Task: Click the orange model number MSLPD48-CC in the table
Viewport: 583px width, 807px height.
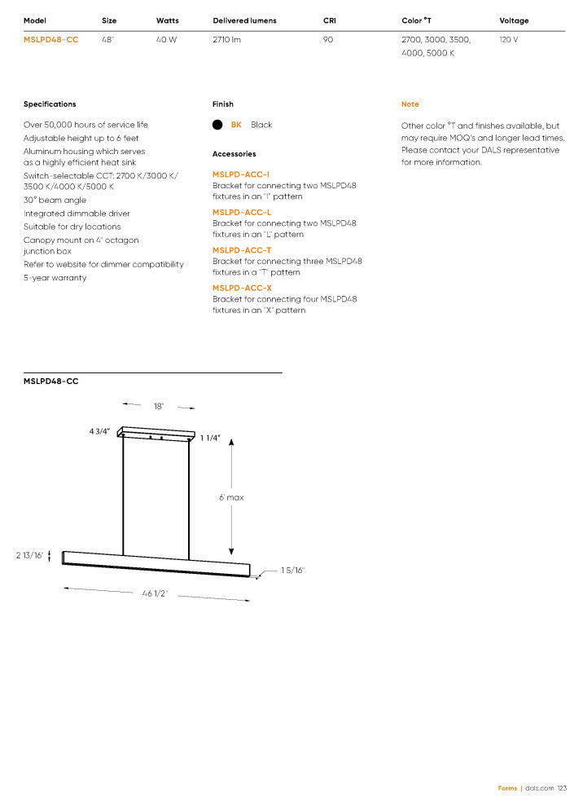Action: (x=51, y=39)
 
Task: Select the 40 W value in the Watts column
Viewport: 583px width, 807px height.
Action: (x=166, y=39)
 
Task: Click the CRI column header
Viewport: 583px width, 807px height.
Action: (x=330, y=20)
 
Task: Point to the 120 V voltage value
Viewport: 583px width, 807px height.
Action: (x=509, y=39)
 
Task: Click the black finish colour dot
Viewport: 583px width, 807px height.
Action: (x=217, y=125)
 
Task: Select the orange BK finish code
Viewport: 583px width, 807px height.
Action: (x=236, y=125)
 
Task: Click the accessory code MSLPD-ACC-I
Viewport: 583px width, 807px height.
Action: (x=241, y=174)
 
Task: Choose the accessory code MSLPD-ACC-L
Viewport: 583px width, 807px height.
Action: (x=242, y=212)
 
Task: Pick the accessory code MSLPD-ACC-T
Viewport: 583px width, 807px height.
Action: (x=242, y=250)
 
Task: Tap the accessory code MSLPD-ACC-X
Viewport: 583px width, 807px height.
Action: (x=242, y=288)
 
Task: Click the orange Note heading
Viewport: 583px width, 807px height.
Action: (x=410, y=104)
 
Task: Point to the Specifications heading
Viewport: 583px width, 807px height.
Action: (x=50, y=104)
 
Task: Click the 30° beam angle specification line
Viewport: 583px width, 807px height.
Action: (x=55, y=200)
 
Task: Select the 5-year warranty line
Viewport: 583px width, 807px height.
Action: (x=55, y=278)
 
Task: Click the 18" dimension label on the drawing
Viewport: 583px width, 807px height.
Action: (x=159, y=406)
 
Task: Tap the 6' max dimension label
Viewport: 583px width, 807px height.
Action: (x=231, y=497)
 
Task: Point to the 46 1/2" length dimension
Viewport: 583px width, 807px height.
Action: (x=155, y=593)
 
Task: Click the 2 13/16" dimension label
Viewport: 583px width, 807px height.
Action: (x=29, y=555)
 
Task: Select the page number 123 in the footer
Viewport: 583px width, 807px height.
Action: (x=562, y=788)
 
